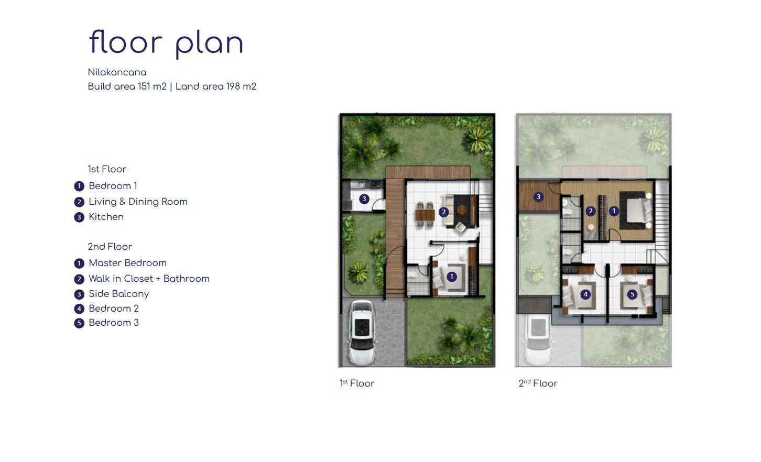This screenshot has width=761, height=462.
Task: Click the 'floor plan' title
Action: click(x=166, y=43)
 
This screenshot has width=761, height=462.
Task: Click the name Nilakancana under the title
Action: click(x=117, y=72)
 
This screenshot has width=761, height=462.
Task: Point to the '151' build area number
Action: click(x=144, y=86)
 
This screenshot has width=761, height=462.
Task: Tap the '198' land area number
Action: click(x=233, y=86)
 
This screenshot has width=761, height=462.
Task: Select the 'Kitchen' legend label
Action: click(x=106, y=217)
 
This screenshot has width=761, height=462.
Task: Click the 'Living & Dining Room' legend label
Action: click(x=138, y=202)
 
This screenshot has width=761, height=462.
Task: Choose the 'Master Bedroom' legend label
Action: click(x=127, y=263)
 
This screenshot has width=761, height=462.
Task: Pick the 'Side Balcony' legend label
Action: click(x=118, y=294)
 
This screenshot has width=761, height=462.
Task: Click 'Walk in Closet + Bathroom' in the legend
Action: click(x=149, y=279)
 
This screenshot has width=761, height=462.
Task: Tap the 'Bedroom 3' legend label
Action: click(x=114, y=323)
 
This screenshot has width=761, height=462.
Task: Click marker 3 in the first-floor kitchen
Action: click(x=364, y=199)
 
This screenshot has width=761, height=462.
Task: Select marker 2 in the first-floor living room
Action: click(x=443, y=212)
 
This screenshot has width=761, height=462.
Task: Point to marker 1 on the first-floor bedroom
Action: click(x=451, y=277)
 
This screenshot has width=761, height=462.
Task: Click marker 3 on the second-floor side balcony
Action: click(x=538, y=197)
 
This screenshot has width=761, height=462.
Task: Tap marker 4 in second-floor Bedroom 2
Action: click(x=585, y=294)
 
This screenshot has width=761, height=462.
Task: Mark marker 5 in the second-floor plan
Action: click(x=632, y=294)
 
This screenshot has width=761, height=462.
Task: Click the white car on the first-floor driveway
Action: click(x=362, y=332)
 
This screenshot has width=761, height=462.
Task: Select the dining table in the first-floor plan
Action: click(x=425, y=215)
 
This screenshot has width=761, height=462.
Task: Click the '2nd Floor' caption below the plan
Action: click(x=538, y=383)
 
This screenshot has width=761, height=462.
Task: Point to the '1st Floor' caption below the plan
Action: click(x=357, y=383)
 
